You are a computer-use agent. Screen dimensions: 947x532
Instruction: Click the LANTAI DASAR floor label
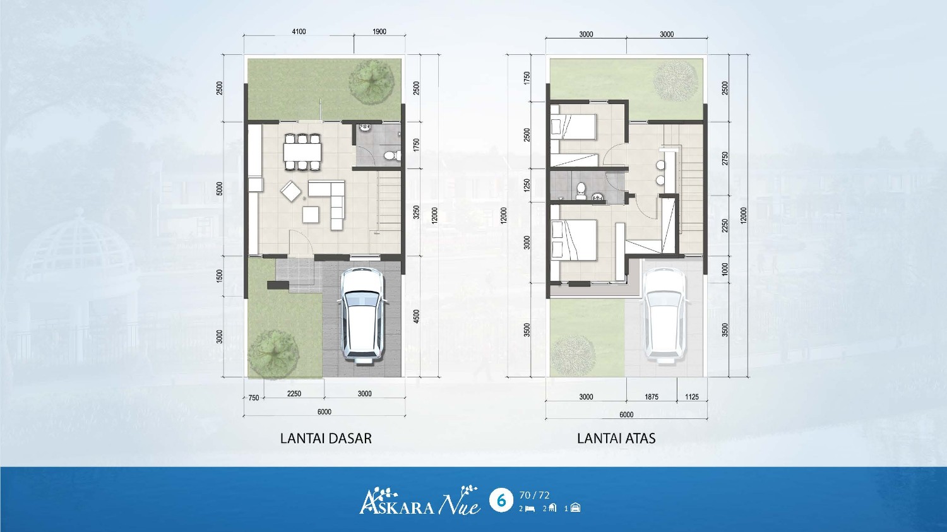326,438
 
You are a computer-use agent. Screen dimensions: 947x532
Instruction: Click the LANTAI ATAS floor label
616,438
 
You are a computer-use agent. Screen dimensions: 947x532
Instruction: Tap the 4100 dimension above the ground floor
299,32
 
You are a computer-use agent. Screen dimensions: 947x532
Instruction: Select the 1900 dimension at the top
379,32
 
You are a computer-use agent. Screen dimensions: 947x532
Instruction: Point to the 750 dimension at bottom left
254,398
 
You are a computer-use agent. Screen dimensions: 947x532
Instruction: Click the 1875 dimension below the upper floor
652,397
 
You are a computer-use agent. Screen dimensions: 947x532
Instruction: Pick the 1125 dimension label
692,397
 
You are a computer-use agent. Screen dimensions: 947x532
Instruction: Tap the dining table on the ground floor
302,151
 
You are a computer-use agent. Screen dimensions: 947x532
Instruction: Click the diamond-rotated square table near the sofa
291,191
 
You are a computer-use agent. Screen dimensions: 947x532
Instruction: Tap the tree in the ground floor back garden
372,81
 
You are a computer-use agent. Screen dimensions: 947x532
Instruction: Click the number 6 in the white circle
501,500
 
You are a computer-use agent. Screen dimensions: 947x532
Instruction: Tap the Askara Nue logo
420,500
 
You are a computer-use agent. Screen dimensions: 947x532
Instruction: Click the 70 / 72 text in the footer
534,495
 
